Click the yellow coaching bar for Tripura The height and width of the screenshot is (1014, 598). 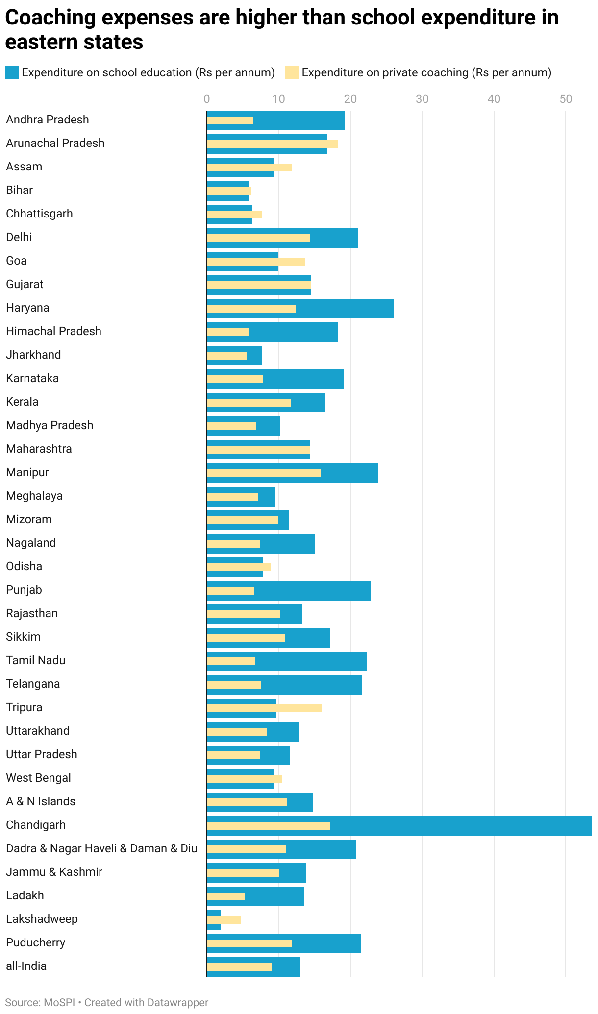coord(264,708)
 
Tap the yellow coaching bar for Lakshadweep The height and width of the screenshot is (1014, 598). coord(224,919)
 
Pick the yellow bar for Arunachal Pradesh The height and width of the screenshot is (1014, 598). coord(273,144)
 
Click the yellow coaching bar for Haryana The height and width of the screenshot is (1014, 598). coord(251,308)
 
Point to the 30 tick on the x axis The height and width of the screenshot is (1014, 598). coord(422,99)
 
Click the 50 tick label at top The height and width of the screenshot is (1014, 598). coord(566,99)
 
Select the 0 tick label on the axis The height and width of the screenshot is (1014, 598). coord(207,99)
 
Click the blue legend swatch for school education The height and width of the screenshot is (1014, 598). coord(12,72)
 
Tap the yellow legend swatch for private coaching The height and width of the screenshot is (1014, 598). coord(292,72)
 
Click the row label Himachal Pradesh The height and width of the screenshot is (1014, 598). coord(53,331)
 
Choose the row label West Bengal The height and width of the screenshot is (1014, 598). coord(38,778)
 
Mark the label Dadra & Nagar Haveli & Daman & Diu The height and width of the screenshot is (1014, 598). coord(101,848)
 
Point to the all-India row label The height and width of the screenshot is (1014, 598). coord(26,966)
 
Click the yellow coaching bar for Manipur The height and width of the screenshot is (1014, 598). coord(264,473)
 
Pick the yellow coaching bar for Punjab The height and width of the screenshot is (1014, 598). coord(230,590)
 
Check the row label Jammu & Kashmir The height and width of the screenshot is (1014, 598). coord(54,872)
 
